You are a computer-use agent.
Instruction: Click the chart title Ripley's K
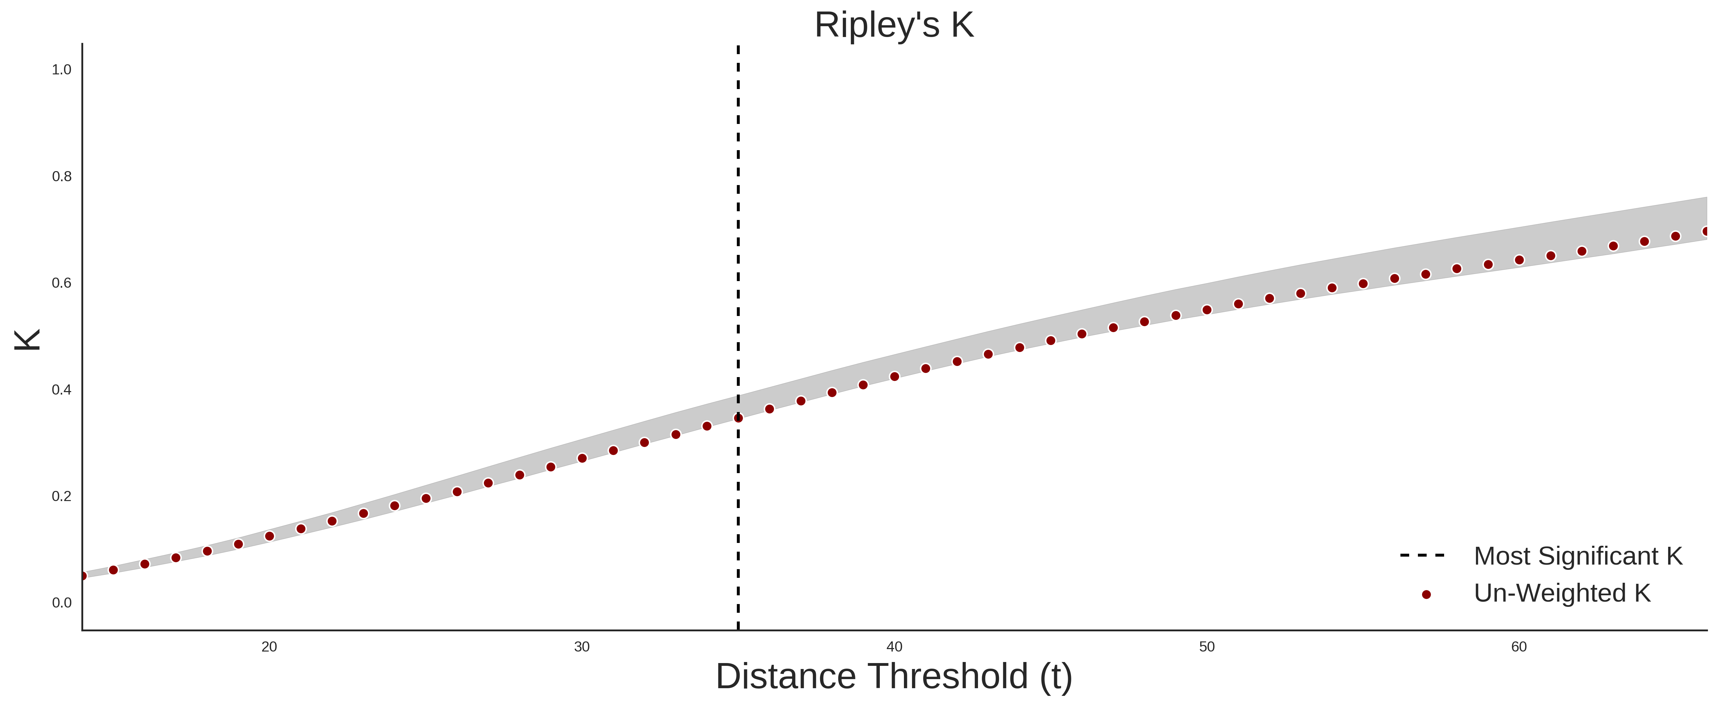click(894, 25)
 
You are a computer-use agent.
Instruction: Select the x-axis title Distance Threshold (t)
click(894, 677)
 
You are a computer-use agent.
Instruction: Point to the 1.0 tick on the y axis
click(61, 70)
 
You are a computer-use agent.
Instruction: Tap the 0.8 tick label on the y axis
click(61, 177)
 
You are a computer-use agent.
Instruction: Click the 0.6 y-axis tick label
click(61, 283)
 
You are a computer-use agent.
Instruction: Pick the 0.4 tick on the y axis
click(61, 390)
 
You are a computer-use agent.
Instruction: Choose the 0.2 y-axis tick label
click(61, 496)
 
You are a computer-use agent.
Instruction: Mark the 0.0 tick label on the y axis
click(61, 603)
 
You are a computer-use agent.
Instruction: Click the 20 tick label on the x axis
click(269, 647)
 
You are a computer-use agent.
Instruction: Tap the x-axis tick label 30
click(582, 647)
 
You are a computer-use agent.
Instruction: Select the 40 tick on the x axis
click(894, 647)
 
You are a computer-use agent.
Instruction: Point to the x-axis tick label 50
click(1207, 647)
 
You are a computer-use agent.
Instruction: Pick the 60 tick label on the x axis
click(1519, 647)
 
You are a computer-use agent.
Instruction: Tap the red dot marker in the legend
click(1426, 595)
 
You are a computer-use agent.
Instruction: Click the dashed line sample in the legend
click(1422, 555)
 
